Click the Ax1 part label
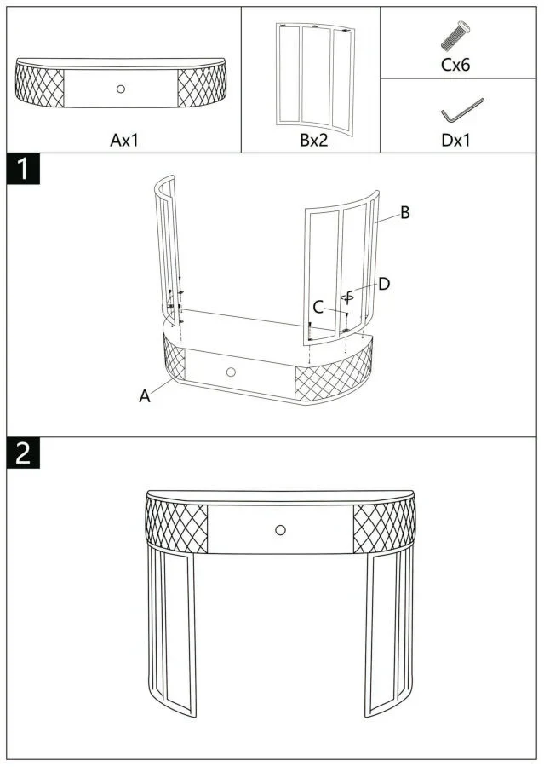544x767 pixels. [x=124, y=141]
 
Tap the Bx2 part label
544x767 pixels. [x=314, y=141]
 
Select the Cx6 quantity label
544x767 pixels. [x=455, y=65]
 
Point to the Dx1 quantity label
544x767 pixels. [x=455, y=141]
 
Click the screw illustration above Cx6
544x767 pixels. [x=455, y=36]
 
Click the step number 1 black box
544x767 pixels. [x=23, y=170]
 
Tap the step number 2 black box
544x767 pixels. [x=23, y=453]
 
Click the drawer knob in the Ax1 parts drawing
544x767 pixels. [x=121, y=89]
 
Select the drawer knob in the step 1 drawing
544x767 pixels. [x=231, y=372]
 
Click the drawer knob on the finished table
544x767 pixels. [x=280, y=530]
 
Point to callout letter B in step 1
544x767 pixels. [x=404, y=213]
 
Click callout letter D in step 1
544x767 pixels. [x=384, y=284]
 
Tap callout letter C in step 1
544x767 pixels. [x=318, y=307]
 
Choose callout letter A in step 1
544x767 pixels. [x=145, y=395]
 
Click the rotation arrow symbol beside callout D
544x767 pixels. [x=347, y=297]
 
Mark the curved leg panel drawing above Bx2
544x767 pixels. [x=315, y=78]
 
